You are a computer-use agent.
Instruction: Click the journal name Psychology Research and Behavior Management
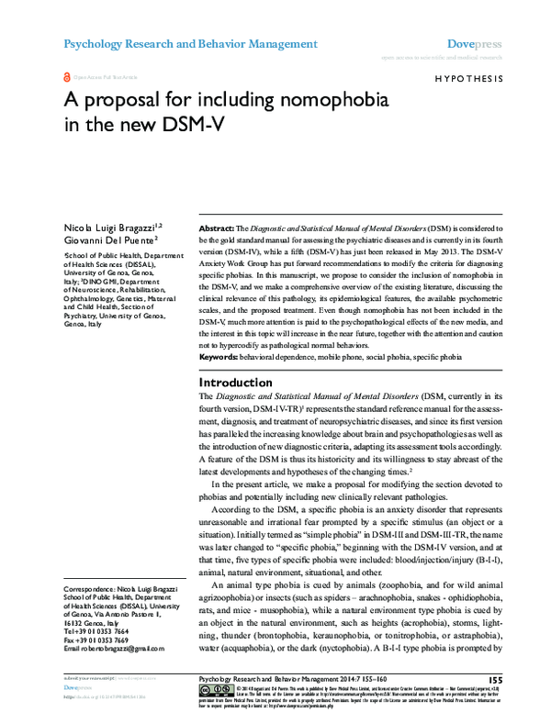[x=190, y=44]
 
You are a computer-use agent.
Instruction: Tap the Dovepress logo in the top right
[x=474, y=43]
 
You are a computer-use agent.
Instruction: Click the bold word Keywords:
[x=224, y=356]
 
